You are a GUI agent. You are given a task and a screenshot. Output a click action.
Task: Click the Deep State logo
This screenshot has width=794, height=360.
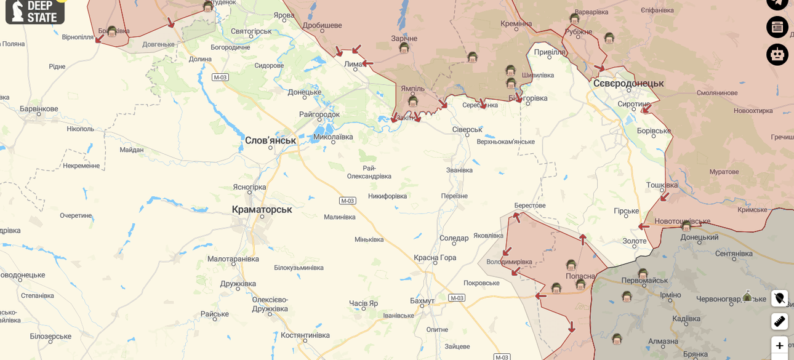click(34, 11)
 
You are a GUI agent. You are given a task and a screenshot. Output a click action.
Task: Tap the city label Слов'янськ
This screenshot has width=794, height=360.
click(270, 140)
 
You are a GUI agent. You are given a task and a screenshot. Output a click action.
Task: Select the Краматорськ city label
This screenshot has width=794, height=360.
click(262, 209)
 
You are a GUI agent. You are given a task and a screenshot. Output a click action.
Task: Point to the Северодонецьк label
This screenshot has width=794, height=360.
click(628, 83)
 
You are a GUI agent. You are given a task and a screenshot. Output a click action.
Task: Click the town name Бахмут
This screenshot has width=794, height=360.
click(422, 301)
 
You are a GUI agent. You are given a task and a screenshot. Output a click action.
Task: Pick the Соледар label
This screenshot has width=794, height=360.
click(454, 238)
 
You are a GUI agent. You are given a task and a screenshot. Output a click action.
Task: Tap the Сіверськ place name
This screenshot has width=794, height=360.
click(467, 129)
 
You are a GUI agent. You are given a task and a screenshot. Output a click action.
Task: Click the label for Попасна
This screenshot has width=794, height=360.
click(580, 276)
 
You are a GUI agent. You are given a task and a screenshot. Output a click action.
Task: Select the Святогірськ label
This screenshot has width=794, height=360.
click(251, 31)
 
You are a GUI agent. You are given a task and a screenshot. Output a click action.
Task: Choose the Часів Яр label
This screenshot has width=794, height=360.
click(363, 303)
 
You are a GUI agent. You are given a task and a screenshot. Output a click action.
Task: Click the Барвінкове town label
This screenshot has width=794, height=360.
click(39, 109)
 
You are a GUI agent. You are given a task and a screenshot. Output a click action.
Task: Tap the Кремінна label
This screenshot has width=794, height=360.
click(516, 24)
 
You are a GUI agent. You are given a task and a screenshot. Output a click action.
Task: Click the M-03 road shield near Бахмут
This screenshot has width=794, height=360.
click(457, 298)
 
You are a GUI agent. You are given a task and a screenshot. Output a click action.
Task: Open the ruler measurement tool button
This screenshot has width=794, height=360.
click(779, 321)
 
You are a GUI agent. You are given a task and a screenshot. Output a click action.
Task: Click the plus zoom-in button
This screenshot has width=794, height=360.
click(779, 345)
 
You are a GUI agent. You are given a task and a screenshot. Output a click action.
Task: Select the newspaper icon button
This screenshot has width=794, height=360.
click(777, 27)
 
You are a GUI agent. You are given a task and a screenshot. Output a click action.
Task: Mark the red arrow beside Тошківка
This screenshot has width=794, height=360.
click(664, 197)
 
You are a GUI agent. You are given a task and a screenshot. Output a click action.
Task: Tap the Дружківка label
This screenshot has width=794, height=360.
click(238, 284)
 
